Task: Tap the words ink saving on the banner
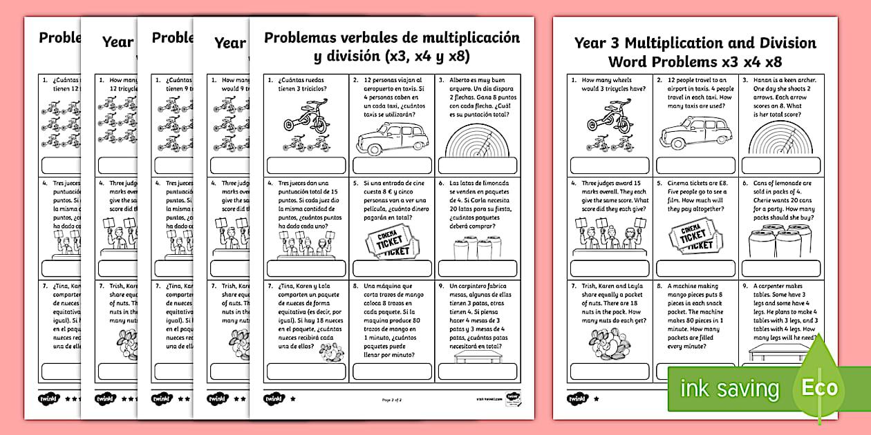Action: [729, 389]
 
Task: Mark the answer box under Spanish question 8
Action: [392, 371]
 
